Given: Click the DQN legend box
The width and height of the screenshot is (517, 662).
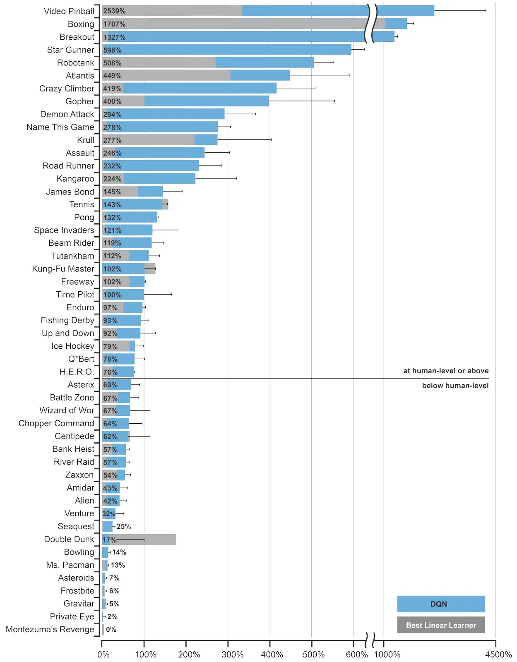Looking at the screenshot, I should tap(440, 604).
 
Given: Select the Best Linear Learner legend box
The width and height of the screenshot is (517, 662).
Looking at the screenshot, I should tap(440, 625).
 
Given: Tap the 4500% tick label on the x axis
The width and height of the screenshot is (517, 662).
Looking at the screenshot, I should tap(498, 655).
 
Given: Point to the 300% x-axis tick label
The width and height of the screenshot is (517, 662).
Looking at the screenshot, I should tap(232, 655).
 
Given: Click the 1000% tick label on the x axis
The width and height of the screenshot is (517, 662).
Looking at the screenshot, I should tap(387, 655).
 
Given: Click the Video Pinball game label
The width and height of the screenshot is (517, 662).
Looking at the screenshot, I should tap(69, 11).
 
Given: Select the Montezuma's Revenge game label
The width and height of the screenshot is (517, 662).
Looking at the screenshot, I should tap(50, 629).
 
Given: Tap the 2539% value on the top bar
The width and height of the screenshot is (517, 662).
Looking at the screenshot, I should tap(114, 11).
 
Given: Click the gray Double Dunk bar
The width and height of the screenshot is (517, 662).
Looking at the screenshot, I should tap(157, 539).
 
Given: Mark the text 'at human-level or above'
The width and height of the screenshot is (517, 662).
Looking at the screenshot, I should tap(446, 371).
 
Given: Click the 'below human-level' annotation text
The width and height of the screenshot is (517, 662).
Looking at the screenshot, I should tap(455, 386).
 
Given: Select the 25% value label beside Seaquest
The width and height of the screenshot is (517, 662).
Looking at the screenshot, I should tap(124, 526).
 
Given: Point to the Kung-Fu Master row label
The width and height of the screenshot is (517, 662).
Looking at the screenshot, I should tap(63, 269).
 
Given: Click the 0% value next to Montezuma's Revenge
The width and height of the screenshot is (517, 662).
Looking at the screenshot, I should tap(111, 629).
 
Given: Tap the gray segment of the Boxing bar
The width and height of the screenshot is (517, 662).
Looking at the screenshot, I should tap(248, 24).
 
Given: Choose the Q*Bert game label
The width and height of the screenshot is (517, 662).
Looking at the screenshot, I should tap(81, 359).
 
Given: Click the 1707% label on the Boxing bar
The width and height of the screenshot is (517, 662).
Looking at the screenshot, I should tap(114, 24).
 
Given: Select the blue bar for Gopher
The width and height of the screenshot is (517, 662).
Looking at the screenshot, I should tap(207, 101).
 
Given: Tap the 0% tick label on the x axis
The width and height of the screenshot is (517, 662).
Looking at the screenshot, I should tap(103, 655).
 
